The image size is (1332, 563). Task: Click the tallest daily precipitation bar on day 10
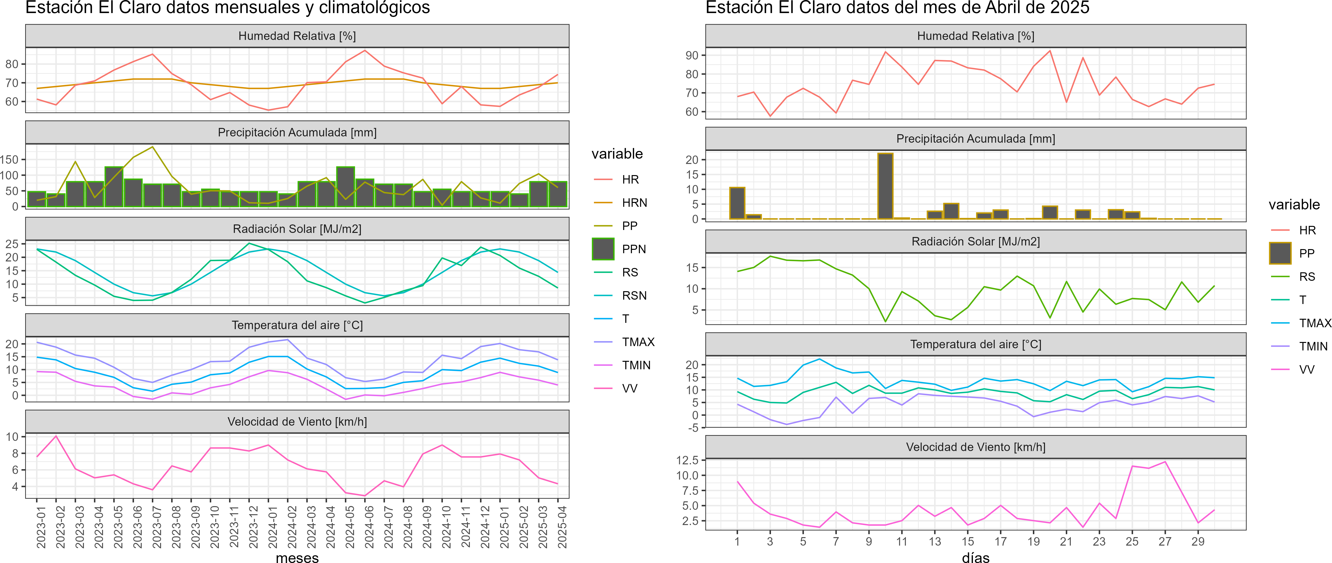[x=885, y=186]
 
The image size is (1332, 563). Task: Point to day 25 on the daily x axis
[x=1132, y=541]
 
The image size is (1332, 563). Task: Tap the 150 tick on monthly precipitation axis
[x=9, y=160]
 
